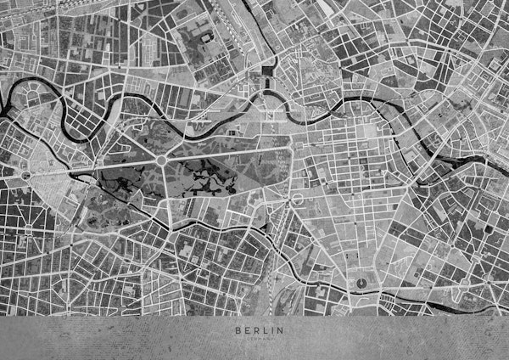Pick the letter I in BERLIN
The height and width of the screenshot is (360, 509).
(267, 329)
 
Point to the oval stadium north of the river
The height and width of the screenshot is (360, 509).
(204, 38)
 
